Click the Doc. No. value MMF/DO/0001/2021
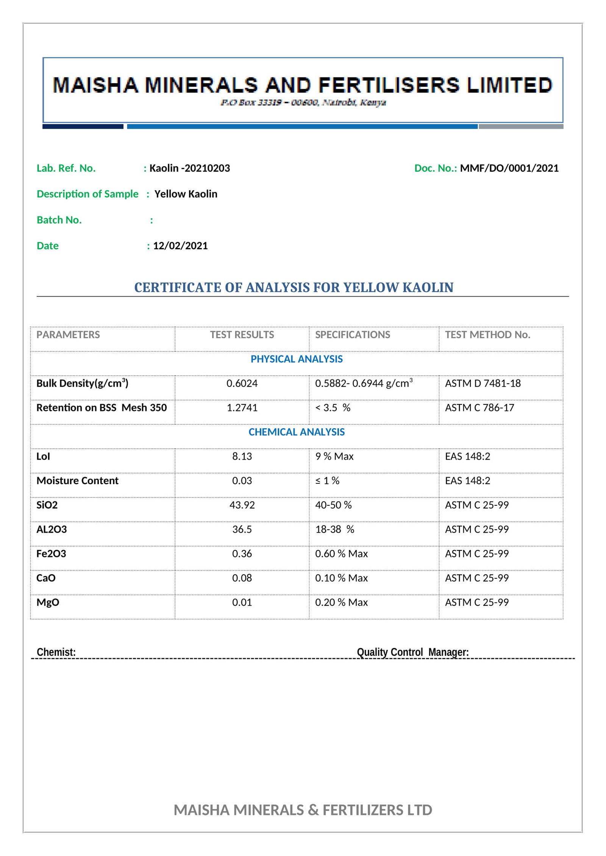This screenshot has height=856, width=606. pyautogui.click(x=509, y=168)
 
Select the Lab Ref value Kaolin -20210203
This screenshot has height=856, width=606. pyautogui.click(x=189, y=168)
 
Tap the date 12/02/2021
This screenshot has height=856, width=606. pyautogui.click(x=180, y=246)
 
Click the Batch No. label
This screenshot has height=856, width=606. pyautogui.click(x=59, y=220)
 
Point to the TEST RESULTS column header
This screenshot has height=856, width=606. pyautogui.click(x=242, y=335)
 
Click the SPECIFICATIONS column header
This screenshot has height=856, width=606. pyautogui.click(x=352, y=335)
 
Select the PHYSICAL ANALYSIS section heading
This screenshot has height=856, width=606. pyautogui.click(x=297, y=359)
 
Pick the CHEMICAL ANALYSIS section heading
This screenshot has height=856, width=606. pyautogui.click(x=297, y=432)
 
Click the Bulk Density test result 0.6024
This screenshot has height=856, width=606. pyautogui.click(x=242, y=384)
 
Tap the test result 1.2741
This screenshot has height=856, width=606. pyautogui.click(x=242, y=408)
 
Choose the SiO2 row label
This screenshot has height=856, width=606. pyautogui.click(x=47, y=505)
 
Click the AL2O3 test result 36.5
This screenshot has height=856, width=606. pyautogui.click(x=242, y=530)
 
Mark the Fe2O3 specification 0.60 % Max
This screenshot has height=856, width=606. pyautogui.click(x=341, y=554)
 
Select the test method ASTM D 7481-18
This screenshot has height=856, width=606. pyautogui.click(x=483, y=384)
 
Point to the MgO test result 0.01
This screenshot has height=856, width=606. pyautogui.click(x=242, y=603)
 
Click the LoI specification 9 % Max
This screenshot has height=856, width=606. pyautogui.click(x=334, y=457)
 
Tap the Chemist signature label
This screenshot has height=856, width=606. pyautogui.click(x=56, y=652)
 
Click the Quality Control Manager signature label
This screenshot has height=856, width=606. pyautogui.click(x=412, y=652)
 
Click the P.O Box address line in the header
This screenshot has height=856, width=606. pyautogui.click(x=303, y=103)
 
